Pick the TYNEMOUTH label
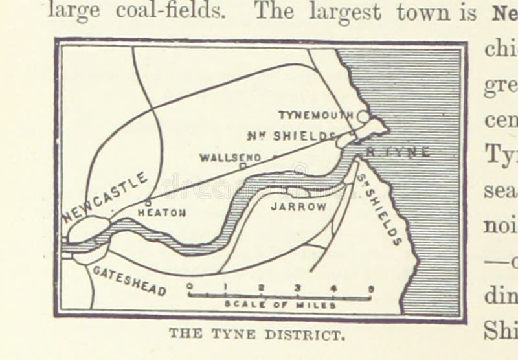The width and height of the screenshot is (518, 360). pyautogui.click(x=316, y=115)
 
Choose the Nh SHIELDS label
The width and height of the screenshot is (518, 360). pyautogui.click(x=292, y=135)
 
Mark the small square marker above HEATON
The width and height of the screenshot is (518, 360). pyautogui.click(x=148, y=202)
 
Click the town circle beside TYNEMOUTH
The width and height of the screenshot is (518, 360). pyautogui.click(x=363, y=117)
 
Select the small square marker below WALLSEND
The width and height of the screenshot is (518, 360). pyautogui.click(x=242, y=166)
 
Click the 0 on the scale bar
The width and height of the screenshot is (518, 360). pyautogui.click(x=190, y=286)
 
